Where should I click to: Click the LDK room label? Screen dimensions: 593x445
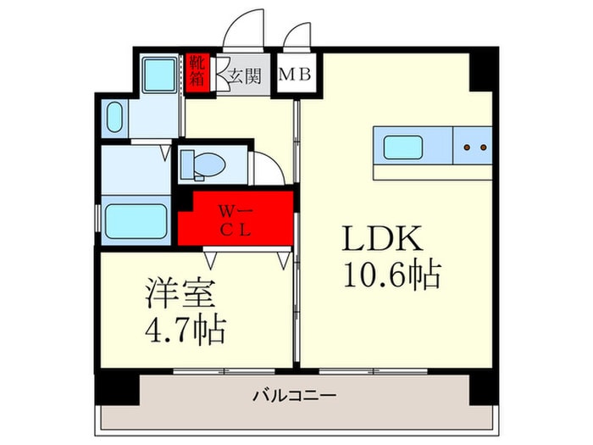382,238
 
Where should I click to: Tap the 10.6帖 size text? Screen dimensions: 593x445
392,274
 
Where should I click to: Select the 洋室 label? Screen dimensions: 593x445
180,293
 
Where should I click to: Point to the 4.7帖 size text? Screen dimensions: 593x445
186,330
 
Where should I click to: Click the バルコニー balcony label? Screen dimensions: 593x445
295,396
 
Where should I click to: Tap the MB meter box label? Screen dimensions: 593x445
295,75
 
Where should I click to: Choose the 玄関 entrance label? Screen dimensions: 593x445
245,76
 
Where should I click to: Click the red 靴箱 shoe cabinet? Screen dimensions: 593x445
197,74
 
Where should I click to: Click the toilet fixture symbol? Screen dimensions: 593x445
202,164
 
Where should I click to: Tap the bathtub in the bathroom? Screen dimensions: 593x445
136,221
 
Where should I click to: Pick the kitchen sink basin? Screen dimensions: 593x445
402,147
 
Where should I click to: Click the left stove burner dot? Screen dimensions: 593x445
467,147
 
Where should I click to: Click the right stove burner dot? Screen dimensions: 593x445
484,147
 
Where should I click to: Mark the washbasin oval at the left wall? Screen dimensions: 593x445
115,117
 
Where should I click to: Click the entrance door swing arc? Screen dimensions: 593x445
233,19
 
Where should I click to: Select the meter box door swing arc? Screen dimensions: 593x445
291,31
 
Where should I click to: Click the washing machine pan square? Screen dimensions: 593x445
160,75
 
